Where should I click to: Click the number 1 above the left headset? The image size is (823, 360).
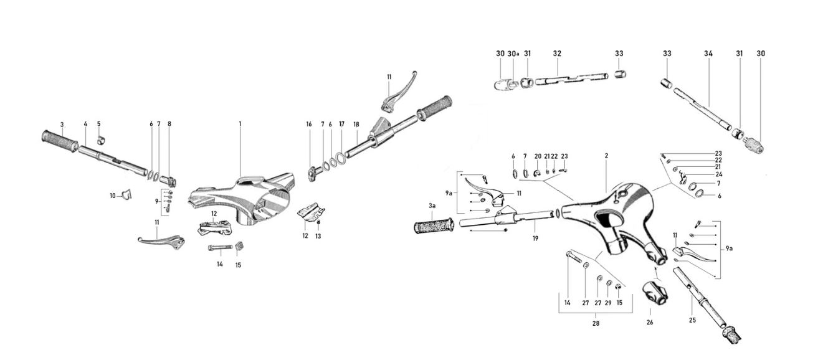[240, 124]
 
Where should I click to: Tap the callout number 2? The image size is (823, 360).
[606, 156]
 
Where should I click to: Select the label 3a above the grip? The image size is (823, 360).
[432, 206]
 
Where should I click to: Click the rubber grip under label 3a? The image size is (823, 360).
[434, 226]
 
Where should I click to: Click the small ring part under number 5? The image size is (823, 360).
[102, 140]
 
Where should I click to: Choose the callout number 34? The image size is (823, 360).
[708, 54]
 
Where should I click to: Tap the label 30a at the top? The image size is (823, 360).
[513, 54]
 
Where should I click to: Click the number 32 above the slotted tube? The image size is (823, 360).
[557, 54]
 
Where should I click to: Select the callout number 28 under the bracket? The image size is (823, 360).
[596, 323]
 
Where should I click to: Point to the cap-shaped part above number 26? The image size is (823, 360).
[655, 293]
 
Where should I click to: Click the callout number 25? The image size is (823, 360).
[692, 320]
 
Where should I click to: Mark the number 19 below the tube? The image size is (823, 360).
[535, 239]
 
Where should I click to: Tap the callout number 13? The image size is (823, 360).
[318, 236]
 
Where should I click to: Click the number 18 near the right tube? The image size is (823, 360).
[356, 125]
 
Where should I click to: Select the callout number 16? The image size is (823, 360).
[308, 124]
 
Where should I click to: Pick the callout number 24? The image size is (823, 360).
[719, 174]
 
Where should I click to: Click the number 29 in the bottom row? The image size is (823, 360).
[608, 303]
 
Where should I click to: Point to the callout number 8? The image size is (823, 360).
[169, 124]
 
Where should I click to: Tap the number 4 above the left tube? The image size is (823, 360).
[85, 124]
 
